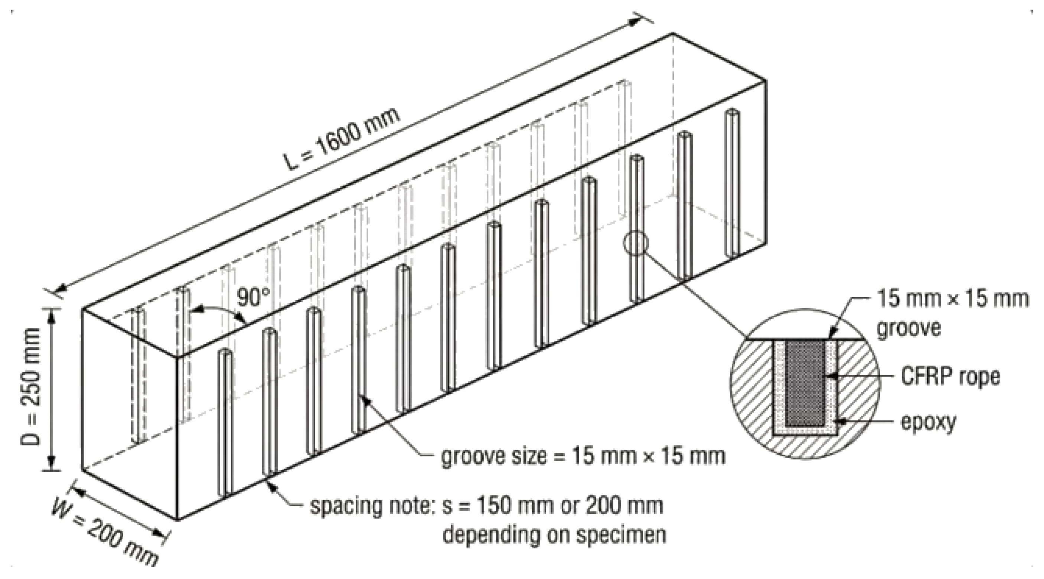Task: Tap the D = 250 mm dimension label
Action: click(x=31, y=387)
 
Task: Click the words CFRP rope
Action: click(x=950, y=377)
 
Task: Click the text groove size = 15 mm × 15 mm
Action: click(x=583, y=457)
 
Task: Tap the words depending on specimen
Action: click(x=554, y=534)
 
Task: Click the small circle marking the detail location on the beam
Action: click(x=636, y=243)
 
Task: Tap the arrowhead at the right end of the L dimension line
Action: click(x=632, y=23)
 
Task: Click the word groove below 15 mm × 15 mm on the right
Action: click(x=908, y=327)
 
